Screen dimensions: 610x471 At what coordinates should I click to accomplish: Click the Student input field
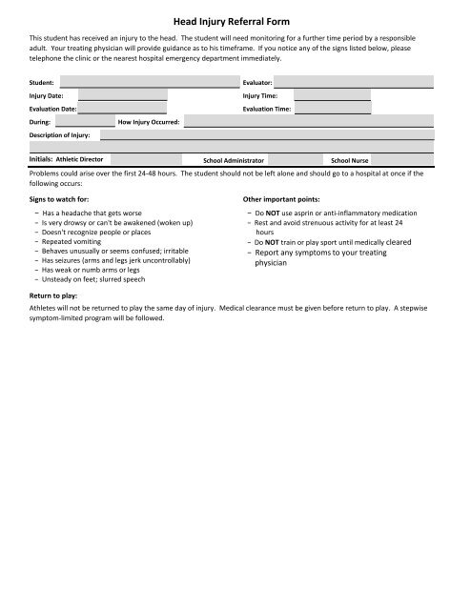tap(143, 83)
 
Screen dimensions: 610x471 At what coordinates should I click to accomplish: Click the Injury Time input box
tap(331, 96)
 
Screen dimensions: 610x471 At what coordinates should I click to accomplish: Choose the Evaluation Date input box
tap(121, 110)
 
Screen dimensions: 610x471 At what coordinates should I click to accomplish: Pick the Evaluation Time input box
tap(331, 110)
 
